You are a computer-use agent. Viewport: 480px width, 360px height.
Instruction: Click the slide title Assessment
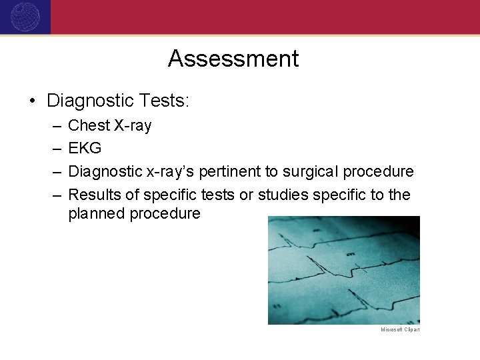(233, 59)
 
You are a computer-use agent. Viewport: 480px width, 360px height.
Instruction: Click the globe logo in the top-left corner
(25, 17)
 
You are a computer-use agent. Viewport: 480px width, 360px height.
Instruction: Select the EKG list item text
(85, 149)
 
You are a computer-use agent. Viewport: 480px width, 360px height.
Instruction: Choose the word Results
(95, 195)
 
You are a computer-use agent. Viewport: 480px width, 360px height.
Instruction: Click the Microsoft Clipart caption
(400, 329)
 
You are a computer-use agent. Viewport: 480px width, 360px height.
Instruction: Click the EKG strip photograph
(343, 270)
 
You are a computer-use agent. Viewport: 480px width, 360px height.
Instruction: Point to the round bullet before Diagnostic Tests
(32, 101)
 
